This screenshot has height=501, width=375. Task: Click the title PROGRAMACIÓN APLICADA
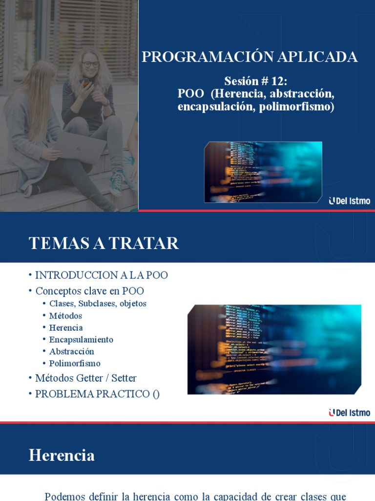(250, 57)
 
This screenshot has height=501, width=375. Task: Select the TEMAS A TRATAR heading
(104, 243)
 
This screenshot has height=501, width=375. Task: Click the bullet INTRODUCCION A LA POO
(102, 275)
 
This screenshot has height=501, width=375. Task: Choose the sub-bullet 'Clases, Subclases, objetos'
(98, 303)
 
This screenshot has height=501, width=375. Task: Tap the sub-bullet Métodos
(65, 316)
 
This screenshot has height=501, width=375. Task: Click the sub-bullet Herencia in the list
(66, 327)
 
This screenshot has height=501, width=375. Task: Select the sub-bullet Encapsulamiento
(81, 340)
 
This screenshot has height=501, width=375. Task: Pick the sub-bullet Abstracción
(72, 351)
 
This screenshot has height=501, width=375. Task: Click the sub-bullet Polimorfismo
(75, 364)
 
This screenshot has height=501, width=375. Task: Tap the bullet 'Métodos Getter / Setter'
(86, 378)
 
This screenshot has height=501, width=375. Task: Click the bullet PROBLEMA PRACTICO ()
(97, 394)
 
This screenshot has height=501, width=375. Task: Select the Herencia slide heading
(62, 455)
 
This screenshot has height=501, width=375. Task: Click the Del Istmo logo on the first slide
(350, 201)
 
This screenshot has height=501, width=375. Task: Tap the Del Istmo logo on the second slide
(350, 413)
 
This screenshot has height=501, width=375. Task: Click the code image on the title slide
(263, 172)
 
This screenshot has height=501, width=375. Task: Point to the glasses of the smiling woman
(90, 64)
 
